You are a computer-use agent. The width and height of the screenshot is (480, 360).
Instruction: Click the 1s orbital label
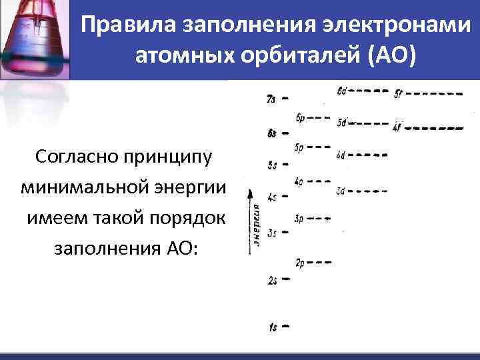click(273, 327)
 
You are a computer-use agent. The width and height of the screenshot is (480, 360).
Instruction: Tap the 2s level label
click(273, 281)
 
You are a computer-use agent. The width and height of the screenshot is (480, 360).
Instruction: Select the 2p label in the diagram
click(299, 261)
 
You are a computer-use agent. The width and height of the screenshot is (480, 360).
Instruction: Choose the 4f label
click(398, 126)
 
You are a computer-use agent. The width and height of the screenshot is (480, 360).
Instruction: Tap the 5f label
click(398, 93)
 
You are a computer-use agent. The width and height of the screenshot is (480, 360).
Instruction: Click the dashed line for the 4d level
click(367, 155)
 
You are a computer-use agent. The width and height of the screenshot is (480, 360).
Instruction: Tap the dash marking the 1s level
click(286, 327)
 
